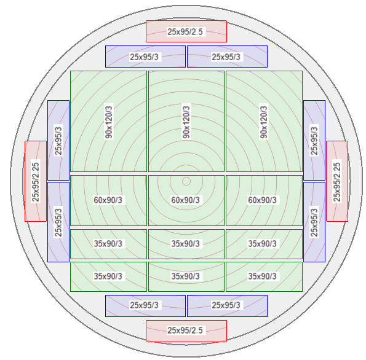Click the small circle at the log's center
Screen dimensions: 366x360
coord(186,181)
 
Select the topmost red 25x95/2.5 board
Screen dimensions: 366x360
coord(186,31)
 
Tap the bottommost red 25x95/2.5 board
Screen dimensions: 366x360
coord(186,331)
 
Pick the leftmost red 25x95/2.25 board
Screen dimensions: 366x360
coord(36,181)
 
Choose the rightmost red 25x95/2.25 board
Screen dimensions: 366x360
coord(337,181)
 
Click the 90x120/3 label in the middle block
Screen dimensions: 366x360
coord(186,122)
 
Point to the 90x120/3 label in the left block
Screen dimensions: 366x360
coord(109,122)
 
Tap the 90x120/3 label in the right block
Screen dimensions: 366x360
coord(264,122)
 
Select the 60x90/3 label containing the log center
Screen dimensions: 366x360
coord(186,200)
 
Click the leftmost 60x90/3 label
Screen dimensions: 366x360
coord(108,200)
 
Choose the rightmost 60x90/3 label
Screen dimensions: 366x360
coord(263,200)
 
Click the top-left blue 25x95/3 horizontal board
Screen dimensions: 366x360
coord(145,57)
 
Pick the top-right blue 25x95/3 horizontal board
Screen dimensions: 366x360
coord(228,57)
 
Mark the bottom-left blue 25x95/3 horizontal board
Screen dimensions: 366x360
coord(145,306)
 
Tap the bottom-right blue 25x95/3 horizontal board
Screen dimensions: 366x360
coord(228,306)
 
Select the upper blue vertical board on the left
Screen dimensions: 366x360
coord(58,140)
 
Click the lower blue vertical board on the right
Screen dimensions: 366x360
coord(314,222)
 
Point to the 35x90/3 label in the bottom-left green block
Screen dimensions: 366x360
coord(108,276)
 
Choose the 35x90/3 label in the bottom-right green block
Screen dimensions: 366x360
coord(263,276)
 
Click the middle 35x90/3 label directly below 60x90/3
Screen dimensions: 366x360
coord(186,244)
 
